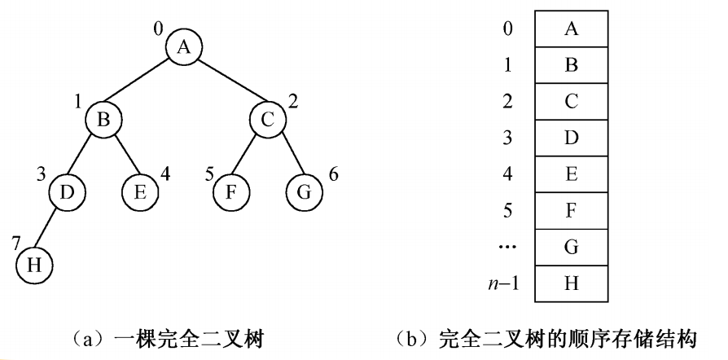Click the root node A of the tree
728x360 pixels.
click(x=183, y=47)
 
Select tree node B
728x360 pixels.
click(x=104, y=119)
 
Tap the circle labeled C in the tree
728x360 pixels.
click(x=267, y=119)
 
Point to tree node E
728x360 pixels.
click(x=139, y=192)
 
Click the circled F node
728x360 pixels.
click(x=230, y=192)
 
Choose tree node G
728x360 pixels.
click(x=305, y=192)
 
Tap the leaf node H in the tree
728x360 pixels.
click(x=33, y=265)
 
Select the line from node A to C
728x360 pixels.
click(x=226, y=83)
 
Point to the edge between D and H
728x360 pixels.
click(x=49, y=229)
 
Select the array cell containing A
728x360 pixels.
click(x=571, y=29)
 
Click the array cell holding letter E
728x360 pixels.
click(x=571, y=173)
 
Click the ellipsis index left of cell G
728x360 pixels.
click(x=507, y=246)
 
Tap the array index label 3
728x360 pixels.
click(x=507, y=137)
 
